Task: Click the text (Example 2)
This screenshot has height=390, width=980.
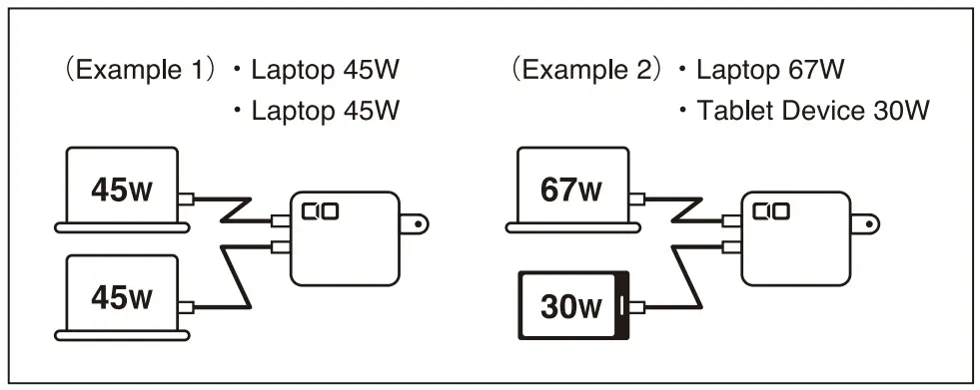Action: point(587,72)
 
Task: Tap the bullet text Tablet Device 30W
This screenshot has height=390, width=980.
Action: point(803,111)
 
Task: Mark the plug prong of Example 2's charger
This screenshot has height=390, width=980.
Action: point(867,223)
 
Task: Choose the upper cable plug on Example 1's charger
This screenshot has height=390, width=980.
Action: point(281,220)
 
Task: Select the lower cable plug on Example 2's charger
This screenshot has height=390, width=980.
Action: point(730,245)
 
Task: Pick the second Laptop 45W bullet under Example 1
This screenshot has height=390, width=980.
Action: point(325,111)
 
